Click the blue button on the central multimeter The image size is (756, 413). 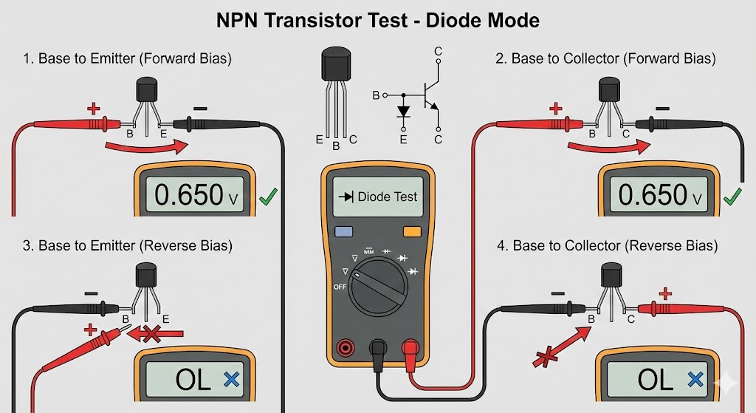click(344, 231)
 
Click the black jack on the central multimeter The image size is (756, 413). click(378, 347)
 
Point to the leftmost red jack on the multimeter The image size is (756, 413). click(344, 347)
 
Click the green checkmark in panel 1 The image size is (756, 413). click(269, 197)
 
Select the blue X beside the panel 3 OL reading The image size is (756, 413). click(231, 380)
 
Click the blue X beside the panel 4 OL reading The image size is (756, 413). click(694, 380)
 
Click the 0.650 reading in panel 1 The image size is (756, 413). click(190, 195)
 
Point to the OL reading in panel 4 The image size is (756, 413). click(656, 380)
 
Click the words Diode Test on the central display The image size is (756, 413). click(387, 197)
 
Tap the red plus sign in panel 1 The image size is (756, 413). click(94, 109)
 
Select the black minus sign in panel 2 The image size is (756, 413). click(663, 108)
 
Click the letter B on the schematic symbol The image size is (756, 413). click(376, 95)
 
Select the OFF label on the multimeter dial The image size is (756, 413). click(340, 286)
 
